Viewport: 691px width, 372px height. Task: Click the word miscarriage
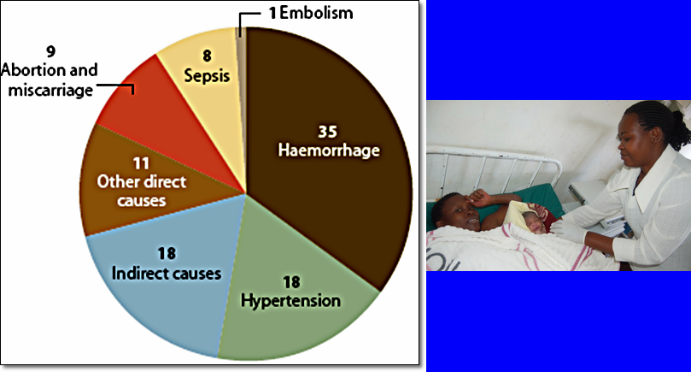tap(47, 89)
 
